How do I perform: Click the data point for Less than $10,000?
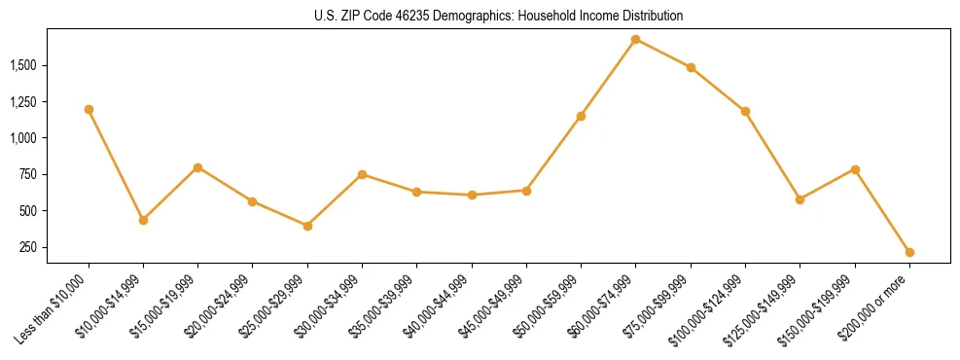pyautogui.click(x=89, y=109)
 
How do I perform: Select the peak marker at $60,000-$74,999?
pyautogui.click(x=635, y=39)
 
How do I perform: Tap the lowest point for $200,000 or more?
pyautogui.click(x=909, y=252)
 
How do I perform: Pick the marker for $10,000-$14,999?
pyautogui.click(x=143, y=220)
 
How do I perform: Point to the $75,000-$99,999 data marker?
pyautogui.click(x=691, y=67)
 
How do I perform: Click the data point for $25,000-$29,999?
pyautogui.click(x=307, y=226)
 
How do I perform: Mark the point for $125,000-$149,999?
pyautogui.click(x=800, y=199)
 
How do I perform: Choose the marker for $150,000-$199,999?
pyautogui.click(x=855, y=169)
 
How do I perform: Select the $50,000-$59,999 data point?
pyautogui.click(x=581, y=116)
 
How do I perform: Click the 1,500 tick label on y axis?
pyautogui.click(x=24, y=65)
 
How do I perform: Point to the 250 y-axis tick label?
pyautogui.click(x=30, y=247)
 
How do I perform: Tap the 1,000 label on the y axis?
pyautogui.click(x=24, y=138)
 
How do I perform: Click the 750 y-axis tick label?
pyautogui.click(x=30, y=174)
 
